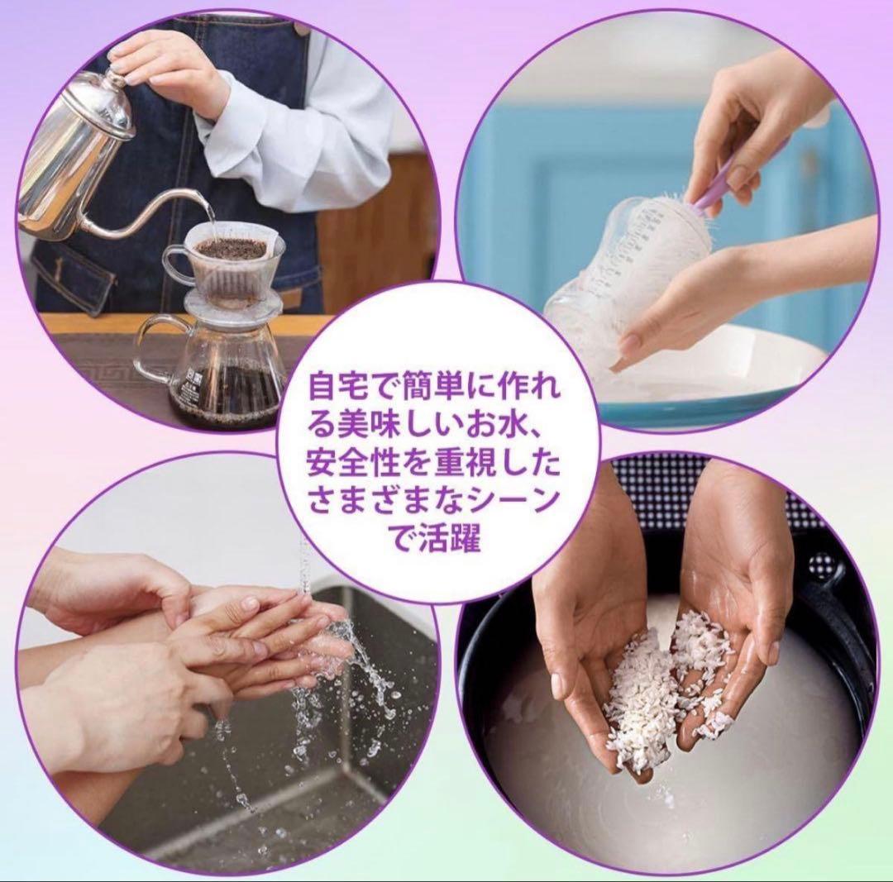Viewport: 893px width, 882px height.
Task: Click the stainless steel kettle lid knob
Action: (111, 79)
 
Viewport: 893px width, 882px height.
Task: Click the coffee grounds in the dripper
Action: (232, 249)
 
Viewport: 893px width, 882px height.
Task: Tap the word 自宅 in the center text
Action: (337, 387)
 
